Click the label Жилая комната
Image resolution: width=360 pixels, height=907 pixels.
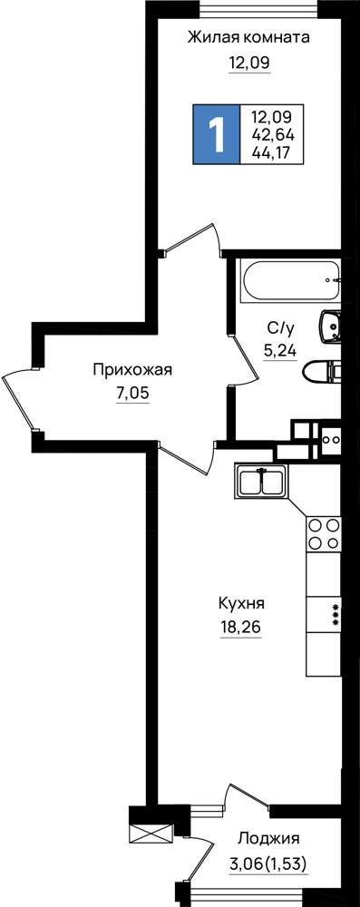(248, 38)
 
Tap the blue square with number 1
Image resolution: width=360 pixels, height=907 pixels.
(216, 134)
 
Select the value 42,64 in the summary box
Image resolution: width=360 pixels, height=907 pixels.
(273, 135)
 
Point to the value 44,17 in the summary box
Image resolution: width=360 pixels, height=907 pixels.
(271, 152)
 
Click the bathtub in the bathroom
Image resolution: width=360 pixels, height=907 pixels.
(291, 281)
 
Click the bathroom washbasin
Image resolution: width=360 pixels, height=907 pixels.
(330, 327)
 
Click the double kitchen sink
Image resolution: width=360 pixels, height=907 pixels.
(260, 480)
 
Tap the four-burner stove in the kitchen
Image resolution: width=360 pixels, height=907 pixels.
(324, 533)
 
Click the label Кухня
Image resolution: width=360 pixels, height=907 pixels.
(241, 604)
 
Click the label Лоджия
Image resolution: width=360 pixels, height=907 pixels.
(268, 838)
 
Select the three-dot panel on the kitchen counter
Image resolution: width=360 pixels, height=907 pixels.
(336, 614)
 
